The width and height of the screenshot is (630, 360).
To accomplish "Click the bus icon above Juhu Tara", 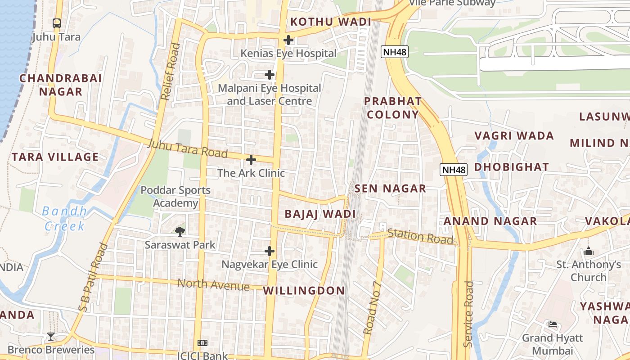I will pyautogui.click(x=57, y=23).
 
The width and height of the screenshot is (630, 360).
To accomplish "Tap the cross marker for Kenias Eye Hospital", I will pyautogui.click(x=288, y=40).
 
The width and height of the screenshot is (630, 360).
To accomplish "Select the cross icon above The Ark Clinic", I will pyautogui.click(x=251, y=160).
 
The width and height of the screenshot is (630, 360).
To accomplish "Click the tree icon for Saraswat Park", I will pyautogui.click(x=180, y=232).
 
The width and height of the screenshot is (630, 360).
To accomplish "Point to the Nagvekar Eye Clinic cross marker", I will pyautogui.click(x=270, y=251).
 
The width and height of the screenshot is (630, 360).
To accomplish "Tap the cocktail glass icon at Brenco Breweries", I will pyautogui.click(x=51, y=336).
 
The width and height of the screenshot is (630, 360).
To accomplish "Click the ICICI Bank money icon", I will pyautogui.click(x=202, y=343).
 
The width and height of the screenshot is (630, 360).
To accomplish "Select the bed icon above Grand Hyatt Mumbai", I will pyautogui.click(x=553, y=324).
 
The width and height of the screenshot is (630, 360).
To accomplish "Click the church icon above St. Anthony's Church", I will pyautogui.click(x=589, y=251).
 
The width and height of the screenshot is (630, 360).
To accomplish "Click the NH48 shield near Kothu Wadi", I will pyautogui.click(x=395, y=52).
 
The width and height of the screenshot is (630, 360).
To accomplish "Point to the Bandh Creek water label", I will pyautogui.click(x=65, y=218).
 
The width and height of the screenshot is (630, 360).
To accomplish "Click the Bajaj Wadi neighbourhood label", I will pyautogui.click(x=320, y=214).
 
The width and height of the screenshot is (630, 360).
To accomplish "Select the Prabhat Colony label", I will pyautogui.click(x=393, y=108).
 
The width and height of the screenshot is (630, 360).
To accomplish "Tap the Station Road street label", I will pyautogui.click(x=420, y=236).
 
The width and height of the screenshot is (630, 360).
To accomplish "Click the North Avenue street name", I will pyautogui.click(x=213, y=285).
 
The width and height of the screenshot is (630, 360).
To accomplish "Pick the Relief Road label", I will pyautogui.click(x=170, y=71).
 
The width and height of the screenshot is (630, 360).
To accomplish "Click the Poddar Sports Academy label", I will pyautogui.click(x=175, y=197).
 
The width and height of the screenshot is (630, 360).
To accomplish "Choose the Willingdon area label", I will pyautogui.click(x=304, y=291).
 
